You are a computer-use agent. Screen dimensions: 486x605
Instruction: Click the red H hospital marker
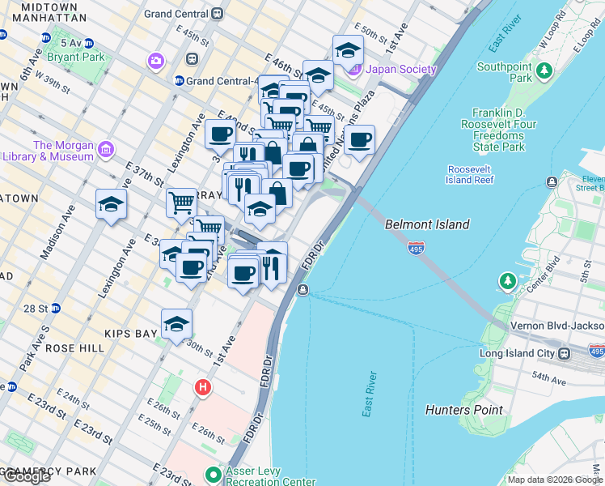point(202,388)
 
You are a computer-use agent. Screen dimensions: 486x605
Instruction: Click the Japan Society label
point(401,70)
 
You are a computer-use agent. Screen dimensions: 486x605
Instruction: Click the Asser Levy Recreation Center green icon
point(214,474)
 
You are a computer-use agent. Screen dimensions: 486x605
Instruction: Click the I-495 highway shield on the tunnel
point(417,247)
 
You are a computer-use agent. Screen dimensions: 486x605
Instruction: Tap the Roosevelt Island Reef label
point(470,174)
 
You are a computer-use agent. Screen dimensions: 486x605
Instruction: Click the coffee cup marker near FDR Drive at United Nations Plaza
point(359,140)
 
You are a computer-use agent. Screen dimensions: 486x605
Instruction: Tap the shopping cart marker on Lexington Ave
point(181,202)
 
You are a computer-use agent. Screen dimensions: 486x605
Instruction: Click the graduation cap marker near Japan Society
point(348,50)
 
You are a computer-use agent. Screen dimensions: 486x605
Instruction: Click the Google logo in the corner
point(27,476)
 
